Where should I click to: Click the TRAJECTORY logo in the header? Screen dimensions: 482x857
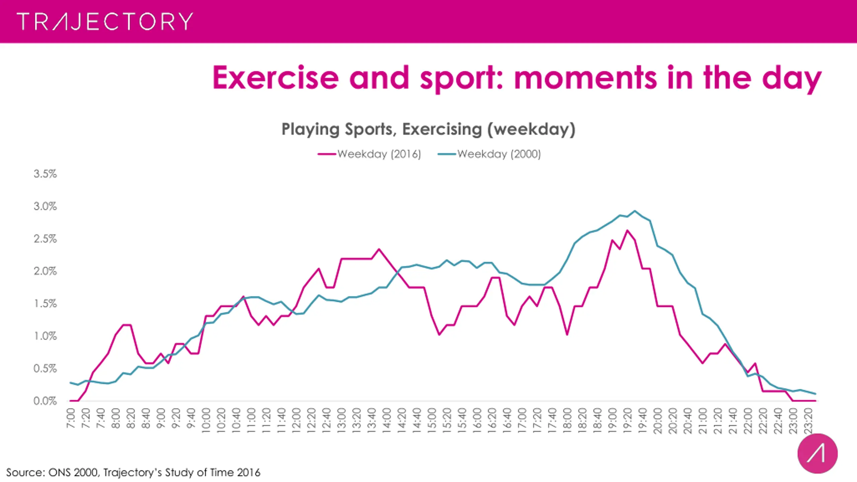tap(105, 21)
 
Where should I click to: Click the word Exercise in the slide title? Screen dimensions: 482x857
tap(276, 78)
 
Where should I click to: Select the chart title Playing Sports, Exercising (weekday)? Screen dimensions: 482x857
tap(428, 129)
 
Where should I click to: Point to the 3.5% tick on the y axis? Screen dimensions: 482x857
tap(45, 174)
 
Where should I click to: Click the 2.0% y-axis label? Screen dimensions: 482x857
tap(45, 271)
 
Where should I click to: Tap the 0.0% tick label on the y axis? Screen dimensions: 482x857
tap(45, 401)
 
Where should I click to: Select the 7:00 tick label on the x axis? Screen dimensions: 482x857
tap(71, 418)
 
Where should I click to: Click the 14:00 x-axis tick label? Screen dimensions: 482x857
tap(387, 420)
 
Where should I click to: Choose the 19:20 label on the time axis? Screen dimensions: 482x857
tap(627, 420)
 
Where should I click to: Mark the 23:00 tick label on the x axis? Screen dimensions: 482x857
tap(793, 420)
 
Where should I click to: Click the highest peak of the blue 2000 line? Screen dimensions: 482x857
tap(635, 211)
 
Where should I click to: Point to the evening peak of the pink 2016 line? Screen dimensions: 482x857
tap(627, 230)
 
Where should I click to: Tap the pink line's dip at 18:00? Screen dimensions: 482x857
tap(567, 334)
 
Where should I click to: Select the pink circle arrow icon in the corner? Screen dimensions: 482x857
tap(817, 454)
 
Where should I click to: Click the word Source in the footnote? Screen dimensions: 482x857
tap(25, 472)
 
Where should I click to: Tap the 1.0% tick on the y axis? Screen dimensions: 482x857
tap(45, 336)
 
